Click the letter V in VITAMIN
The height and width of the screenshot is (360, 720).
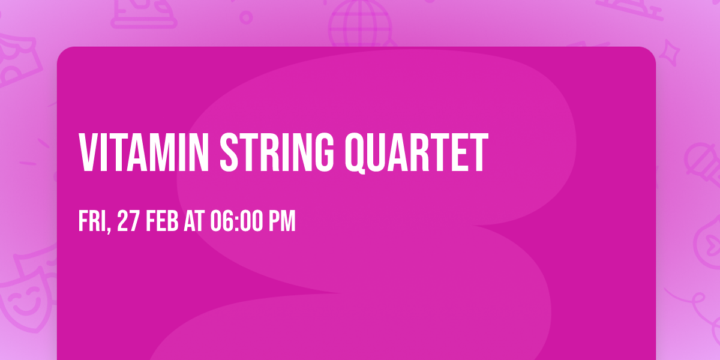[x=89, y=154]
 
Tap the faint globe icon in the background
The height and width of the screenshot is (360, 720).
[x=359, y=24]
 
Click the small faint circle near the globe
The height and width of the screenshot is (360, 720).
[x=246, y=17]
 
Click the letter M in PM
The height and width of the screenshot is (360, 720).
[x=289, y=221]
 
